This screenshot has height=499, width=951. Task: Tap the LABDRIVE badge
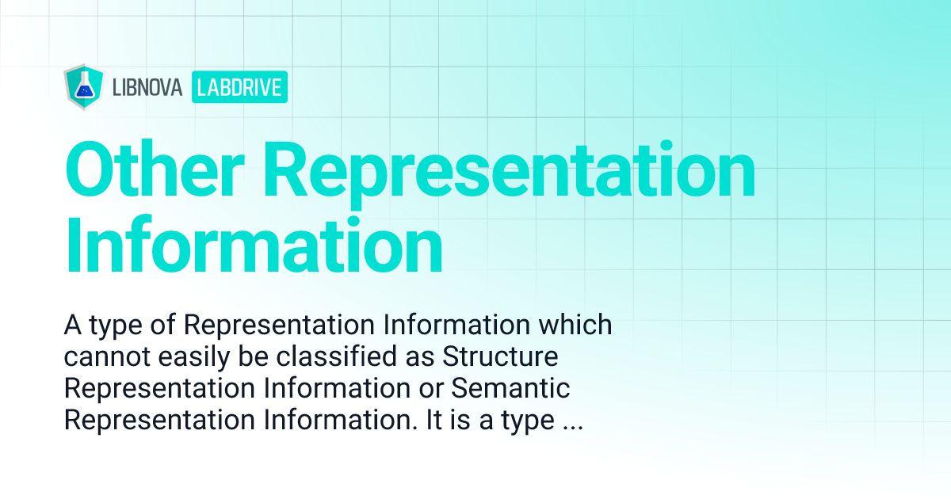click(239, 88)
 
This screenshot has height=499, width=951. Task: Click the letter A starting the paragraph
click(72, 326)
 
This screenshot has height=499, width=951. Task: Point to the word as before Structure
click(421, 357)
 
